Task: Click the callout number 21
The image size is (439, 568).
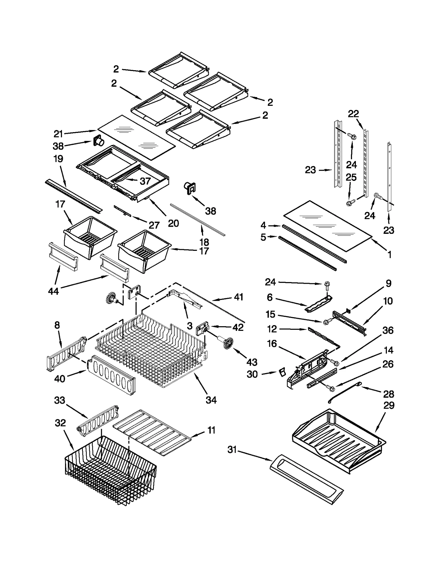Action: coord(58,134)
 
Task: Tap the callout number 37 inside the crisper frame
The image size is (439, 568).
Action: coord(145,181)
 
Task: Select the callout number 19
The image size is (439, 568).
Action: coord(58,159)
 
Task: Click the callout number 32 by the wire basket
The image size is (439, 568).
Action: coord(60,423)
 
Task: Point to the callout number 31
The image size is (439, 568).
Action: coord(232,450)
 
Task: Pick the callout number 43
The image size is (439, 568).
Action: coord(252,362)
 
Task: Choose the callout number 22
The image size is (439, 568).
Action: coord(353,114)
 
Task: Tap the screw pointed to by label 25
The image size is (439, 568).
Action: coord(350,203)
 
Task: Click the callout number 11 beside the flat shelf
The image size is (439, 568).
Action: coord(211,430)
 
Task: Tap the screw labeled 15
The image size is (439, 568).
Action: coord(326,322)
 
